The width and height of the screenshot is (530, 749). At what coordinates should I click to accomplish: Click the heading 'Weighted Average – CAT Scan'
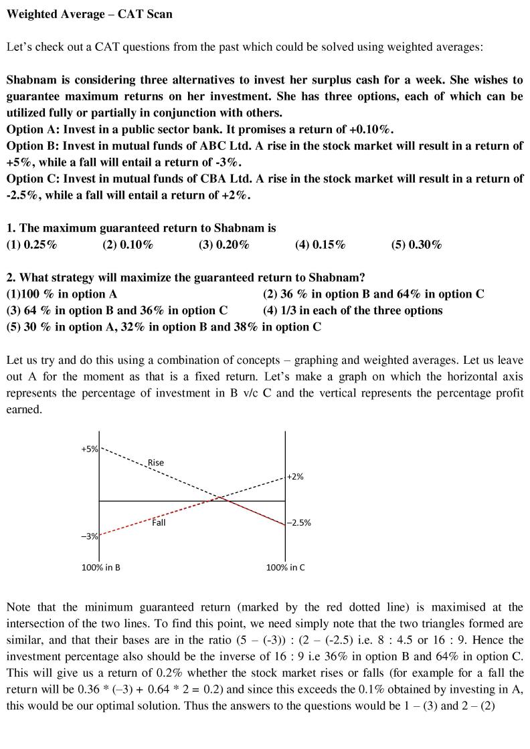(x=89, y=14)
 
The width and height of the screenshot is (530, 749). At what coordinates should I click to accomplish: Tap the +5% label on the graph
(x=90, y=449)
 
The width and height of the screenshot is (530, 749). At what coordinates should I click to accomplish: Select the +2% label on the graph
(x=295, y=476)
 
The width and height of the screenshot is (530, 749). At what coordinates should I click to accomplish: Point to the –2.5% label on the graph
(x=299, y=523)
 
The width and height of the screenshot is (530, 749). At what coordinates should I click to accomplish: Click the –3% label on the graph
(x=90, y=536)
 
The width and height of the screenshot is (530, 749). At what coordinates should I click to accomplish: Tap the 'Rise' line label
(x=155, y=462)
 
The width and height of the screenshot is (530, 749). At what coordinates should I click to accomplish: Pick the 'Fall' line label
(x=159, y=522)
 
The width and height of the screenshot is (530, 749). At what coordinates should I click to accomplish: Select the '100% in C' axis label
(x=285, y=567)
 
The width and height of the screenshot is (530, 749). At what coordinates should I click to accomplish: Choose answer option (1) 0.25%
(x=31, y=245)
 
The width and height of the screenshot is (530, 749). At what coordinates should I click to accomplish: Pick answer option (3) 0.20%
(x=224, y=245)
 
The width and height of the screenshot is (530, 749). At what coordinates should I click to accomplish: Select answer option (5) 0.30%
(x=417, y=245)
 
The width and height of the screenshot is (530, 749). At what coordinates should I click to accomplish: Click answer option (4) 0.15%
(x=321, y=245)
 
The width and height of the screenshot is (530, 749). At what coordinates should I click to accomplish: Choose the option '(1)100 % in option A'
(x=62, y=294)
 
